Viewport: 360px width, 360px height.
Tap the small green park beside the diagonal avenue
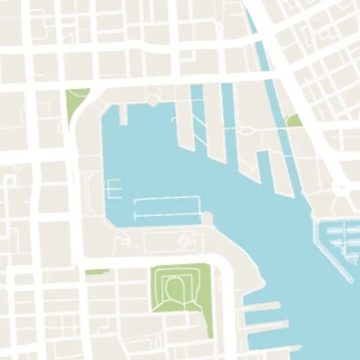294,121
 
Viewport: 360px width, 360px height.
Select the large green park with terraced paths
180,287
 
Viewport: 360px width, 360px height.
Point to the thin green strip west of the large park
97,272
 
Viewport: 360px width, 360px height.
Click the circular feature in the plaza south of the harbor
186,239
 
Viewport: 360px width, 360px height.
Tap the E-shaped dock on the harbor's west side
113,188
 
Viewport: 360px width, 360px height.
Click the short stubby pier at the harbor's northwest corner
123,115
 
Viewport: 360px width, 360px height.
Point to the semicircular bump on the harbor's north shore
154,101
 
